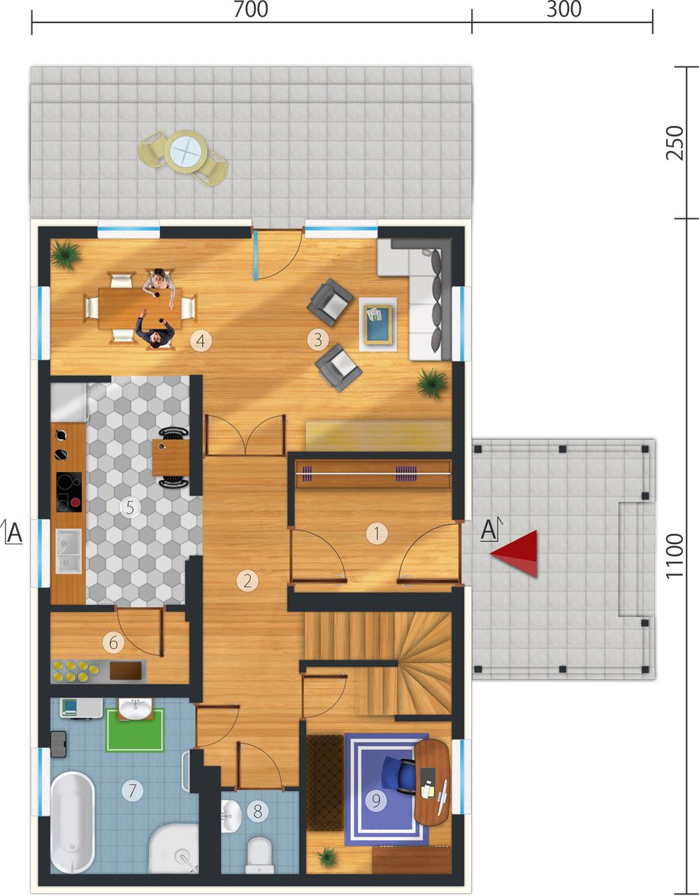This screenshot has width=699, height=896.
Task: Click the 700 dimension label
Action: (251, 9)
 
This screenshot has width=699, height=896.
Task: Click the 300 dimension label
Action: (564, 9)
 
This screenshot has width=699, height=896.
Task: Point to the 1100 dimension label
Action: (675, 556)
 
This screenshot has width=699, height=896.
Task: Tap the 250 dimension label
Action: (675, 143)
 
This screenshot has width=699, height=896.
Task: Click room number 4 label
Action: (201, 341)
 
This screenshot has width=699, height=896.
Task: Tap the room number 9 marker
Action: (376, 800)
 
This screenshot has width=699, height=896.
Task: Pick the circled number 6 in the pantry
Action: (113, 643)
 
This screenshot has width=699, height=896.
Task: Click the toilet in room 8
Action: (260, 855)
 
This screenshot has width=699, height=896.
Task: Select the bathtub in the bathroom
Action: (73, 823)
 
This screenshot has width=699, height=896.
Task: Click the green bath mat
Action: (135, 730)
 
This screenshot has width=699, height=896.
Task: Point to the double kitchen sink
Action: (69, 551)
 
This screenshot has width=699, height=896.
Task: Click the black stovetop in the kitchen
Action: (69, 492)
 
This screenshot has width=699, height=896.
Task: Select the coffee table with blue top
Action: (377, 324)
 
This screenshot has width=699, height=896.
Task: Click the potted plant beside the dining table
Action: (65, 255)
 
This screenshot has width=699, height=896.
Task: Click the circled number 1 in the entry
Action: (377, 534)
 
